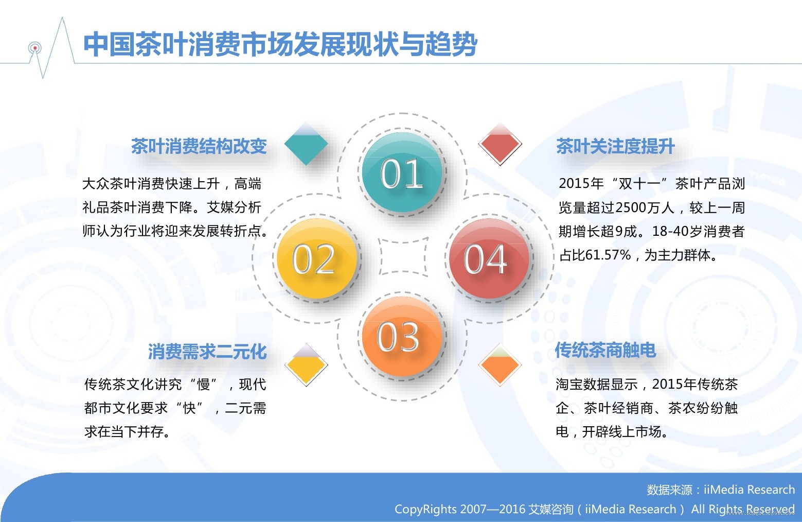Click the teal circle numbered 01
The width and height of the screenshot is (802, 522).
click(402, 172)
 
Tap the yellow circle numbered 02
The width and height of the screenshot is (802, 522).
click(316, 258)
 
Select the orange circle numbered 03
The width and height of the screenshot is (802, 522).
click(402, 336)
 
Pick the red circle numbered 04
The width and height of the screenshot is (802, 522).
click(489, 258)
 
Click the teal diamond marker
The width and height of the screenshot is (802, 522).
click(306, 144)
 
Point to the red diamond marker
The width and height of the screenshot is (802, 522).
click(500, 144)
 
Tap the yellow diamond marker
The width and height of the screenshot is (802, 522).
click(306, 364)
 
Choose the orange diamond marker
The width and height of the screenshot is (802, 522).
click(500, 364)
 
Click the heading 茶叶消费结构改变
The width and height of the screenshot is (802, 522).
click(199, 146)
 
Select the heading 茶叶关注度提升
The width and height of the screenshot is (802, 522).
click(615, 146)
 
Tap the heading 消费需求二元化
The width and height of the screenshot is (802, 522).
click(207, 351)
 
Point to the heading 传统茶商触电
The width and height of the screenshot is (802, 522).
click(605, 350)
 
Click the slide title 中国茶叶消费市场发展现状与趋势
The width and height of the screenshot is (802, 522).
click(280, 44)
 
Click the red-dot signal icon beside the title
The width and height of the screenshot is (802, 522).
click(35, 48)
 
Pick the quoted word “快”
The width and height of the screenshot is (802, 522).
click(189, 408)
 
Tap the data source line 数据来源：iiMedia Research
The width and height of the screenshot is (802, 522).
click(721, 490)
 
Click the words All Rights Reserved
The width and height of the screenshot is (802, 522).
click(743, 509)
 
